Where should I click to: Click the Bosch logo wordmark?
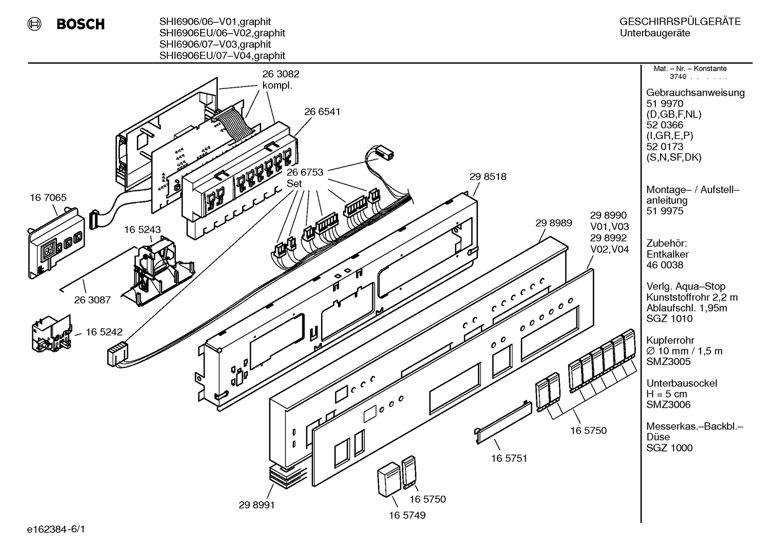pos(80,24)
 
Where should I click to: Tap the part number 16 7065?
pos(48,197)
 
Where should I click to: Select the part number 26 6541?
pos(322,112)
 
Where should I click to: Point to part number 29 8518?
pos(488,177)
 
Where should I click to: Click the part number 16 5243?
pos(143,230)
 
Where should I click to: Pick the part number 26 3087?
pos(93,300)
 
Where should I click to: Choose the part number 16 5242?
pos(104,332)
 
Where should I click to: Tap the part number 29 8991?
pos(257,505)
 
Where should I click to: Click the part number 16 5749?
pos(407,515)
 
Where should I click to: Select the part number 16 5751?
pos(509,458)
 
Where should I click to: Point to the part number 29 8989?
pos(553,223)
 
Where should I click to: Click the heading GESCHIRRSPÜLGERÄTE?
pos(680,21)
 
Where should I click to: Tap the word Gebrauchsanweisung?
pos(696,93)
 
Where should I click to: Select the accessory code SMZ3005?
pos(668,362)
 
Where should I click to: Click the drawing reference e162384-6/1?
pos(56,530)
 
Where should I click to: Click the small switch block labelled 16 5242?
pos(52,334)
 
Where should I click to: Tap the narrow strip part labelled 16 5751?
pos(503,423)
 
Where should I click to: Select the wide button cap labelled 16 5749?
pos(389,479)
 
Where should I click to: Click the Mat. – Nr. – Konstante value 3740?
pos(678,77)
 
